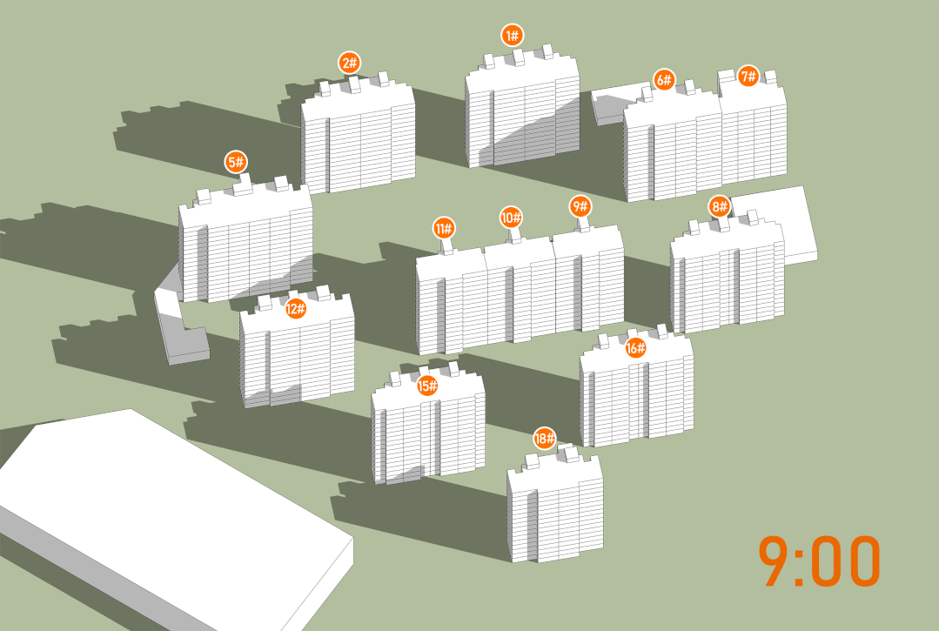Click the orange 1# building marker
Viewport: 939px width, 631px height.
coord(513,36)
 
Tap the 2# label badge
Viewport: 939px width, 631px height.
coord(350,63)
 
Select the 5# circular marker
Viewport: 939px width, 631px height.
coord(236,162)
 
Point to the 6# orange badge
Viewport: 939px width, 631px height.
coord(664,79)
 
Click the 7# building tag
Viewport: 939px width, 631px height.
coord(748,76)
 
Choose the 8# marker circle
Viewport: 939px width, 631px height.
coord(719,207)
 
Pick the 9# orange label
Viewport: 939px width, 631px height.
coord(580,207)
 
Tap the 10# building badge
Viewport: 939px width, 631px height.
coord(512,218)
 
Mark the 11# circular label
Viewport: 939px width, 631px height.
coord(444,228)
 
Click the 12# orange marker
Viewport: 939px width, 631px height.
coord(295,309)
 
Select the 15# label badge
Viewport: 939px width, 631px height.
coord(427,386)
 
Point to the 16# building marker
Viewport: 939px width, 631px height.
coord(635,348)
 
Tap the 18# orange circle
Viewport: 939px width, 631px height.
coord(545,439)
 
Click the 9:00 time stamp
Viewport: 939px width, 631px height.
coord(819,561)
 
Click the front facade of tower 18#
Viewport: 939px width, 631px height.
coord(569,520)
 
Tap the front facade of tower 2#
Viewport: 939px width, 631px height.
coord(372,150)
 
